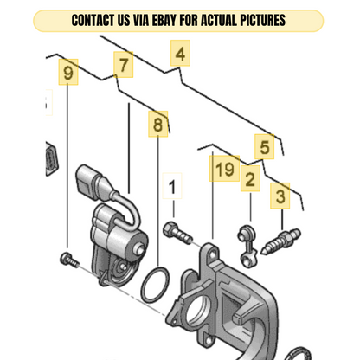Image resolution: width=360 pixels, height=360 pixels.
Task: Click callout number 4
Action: (x=180, y=54)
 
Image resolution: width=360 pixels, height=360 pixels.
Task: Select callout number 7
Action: (x=124, y=65)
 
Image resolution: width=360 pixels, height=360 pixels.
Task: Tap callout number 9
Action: (x=68, y=72)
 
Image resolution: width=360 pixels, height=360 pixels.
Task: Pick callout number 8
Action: (x=158, y=124)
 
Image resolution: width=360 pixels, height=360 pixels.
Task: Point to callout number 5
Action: (x=265, y=147)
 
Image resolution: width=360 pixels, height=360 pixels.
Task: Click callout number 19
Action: (x=224, y=169)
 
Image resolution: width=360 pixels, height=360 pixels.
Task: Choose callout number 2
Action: (x=250, y=178)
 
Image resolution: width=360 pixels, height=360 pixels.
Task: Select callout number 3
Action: (x=280, y=196)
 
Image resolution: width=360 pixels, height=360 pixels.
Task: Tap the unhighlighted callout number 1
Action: (x=172, y=186)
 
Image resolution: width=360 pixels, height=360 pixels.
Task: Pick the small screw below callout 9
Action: (x=69, y=260)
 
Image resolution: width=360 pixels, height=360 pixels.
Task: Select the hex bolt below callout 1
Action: (x=177, y=233)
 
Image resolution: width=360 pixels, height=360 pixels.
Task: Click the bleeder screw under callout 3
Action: (x=280, y=241)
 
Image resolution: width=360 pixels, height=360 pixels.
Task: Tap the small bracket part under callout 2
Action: (x=247, y=247)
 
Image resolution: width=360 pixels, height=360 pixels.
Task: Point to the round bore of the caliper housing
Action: (x=197, y=312)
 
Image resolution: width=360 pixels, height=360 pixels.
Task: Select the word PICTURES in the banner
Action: (x=263, y=21)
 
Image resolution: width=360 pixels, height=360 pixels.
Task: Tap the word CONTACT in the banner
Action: (x=93, y=21)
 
